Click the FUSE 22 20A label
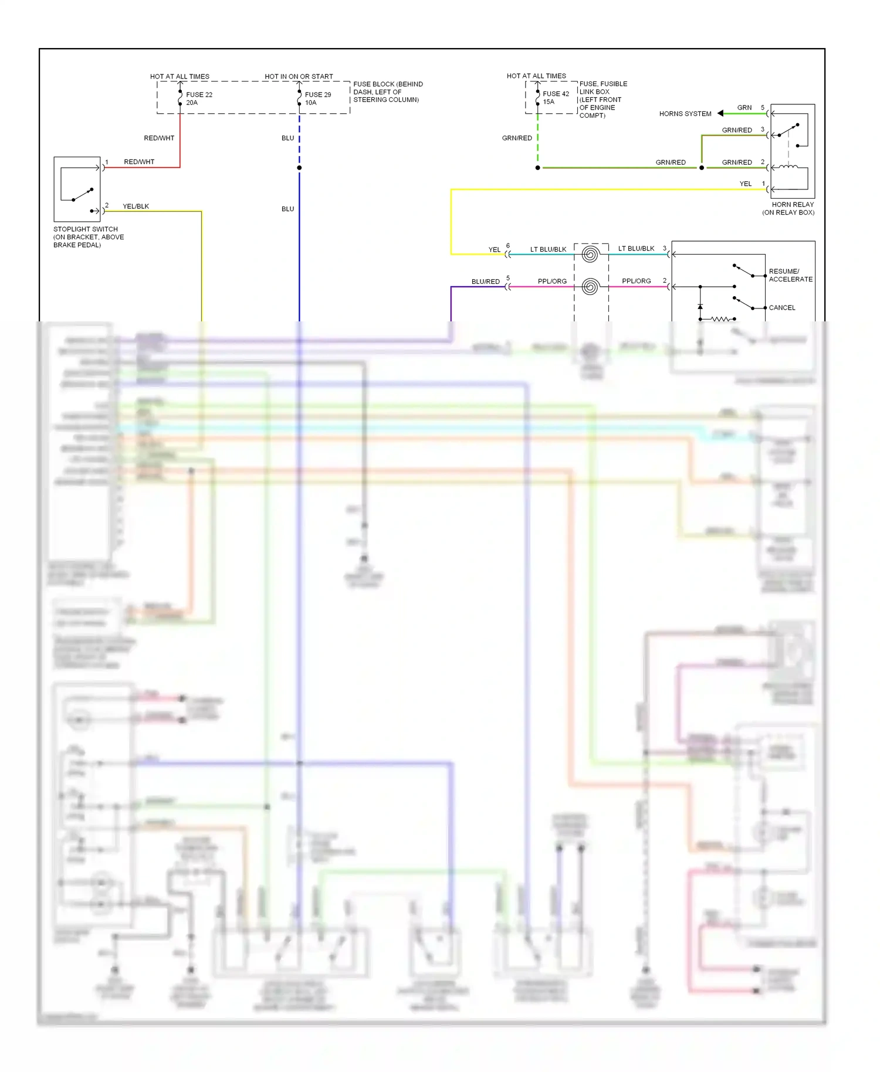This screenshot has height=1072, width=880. click(x=199, y=99)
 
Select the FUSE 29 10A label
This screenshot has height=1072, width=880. click(x=317, y=99)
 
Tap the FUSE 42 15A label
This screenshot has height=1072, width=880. click(x=555, y=97)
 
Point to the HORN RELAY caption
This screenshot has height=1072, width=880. click(x=789, y=208)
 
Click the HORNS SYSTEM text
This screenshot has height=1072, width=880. click(x=685, y=114)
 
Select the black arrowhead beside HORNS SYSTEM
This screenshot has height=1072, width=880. click(x=720, y=113)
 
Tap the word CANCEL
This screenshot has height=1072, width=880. click(x=781, y=308)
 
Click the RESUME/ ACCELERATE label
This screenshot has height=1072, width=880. click(x=790, y=275)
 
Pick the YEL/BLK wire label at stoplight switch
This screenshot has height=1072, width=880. click(x=136, y=206)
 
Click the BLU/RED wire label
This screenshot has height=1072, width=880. click(x=485, y=281)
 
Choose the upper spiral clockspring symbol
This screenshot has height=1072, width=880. click(x=590, y=255)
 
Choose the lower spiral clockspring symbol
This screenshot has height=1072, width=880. click(x=590, y=287)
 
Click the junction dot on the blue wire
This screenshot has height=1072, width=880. click(x=299, y=168)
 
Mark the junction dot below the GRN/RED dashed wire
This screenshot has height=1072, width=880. click(x=537, y=168)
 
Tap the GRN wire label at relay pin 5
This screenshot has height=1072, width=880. click(x=744, y=108)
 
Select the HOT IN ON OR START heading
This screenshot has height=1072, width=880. click(x=299, y=76)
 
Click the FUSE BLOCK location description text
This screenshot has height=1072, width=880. click(x=387, y=92)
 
